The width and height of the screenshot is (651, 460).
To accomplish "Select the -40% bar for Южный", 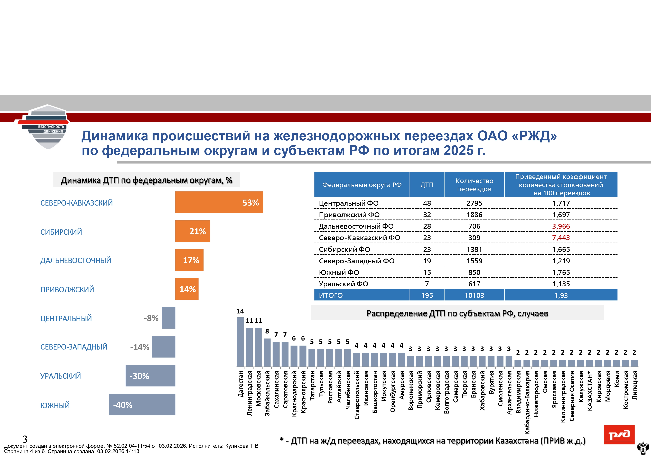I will (x=142, y=405).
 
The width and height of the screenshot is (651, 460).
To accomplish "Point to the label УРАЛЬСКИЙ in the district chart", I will (x=60, y=376).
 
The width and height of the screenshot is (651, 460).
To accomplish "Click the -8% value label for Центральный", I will (x=151, y=318).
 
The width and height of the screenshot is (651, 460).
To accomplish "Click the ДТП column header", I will (x=427, y=185).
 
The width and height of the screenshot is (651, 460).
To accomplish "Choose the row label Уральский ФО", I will (x=343, y=284).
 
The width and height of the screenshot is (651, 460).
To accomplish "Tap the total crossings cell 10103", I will (x=474, y=295).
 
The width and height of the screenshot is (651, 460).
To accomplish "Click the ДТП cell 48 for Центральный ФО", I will (x=427, y=203).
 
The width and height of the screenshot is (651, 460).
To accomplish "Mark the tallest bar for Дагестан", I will (x=240, y=342).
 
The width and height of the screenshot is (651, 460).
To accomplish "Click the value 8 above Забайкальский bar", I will (x=267, y=331).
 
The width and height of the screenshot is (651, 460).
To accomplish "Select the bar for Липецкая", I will (x=634, y=363).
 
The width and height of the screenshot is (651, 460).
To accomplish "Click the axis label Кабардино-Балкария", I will (x=527, y=402).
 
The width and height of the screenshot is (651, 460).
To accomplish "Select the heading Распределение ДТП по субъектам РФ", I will (x=457, y=313).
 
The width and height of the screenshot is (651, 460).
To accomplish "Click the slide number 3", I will (x=25, y=439).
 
